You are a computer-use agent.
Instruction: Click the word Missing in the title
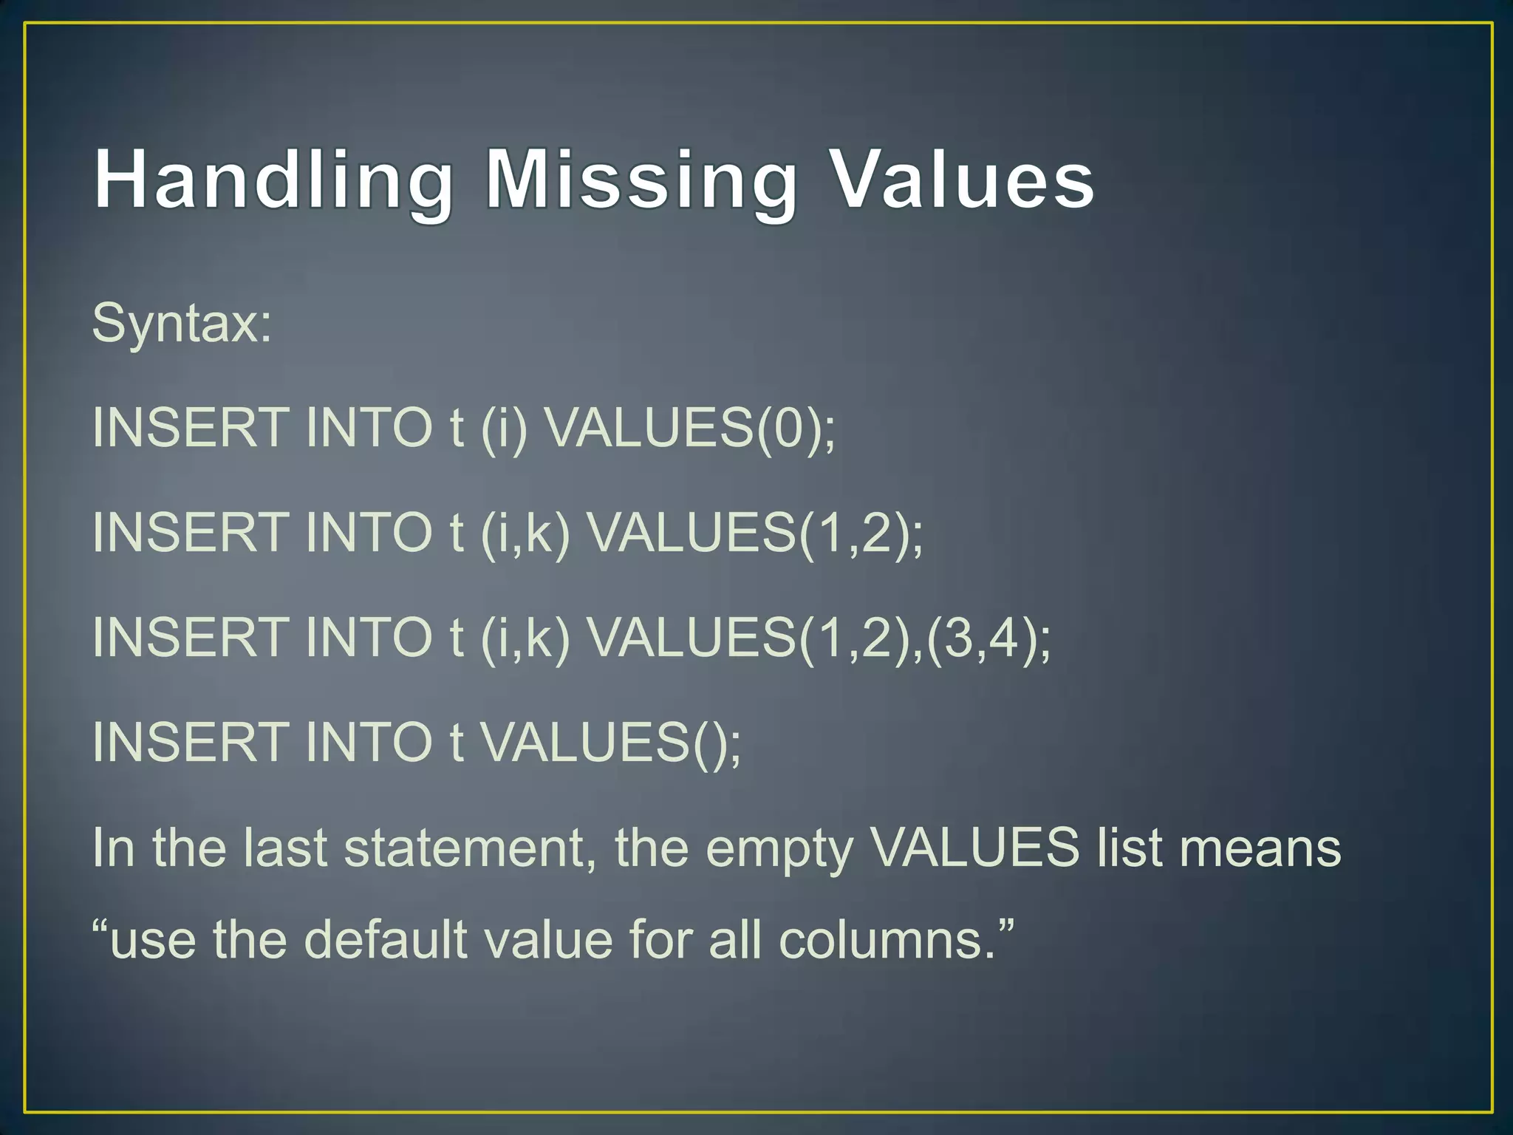[641, 181]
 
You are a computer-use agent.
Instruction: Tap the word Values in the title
[962, 181]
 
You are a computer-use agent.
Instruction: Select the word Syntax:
[182, 324]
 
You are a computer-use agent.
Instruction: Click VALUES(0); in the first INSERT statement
[690, 428]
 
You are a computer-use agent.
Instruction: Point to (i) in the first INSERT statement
[504, 428]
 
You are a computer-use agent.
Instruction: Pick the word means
[1260, 848]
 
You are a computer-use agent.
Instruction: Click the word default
[386, 940]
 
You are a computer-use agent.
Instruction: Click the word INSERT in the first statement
[191, 428]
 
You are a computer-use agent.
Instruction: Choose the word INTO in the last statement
[368, 743]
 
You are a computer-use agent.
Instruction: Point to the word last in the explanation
[285, 848]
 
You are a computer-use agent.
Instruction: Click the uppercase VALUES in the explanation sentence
[974, 848]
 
